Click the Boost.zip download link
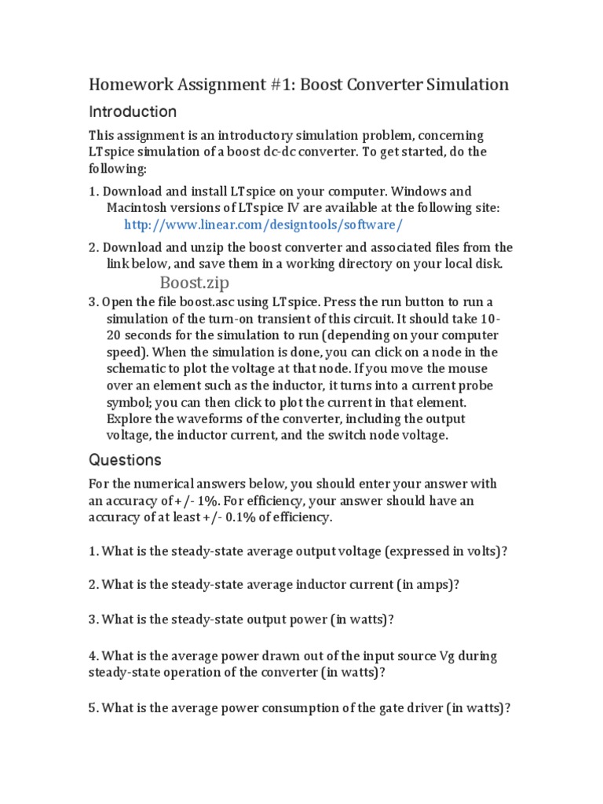tap(195, 283)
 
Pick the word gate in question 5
tap(395, 707)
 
